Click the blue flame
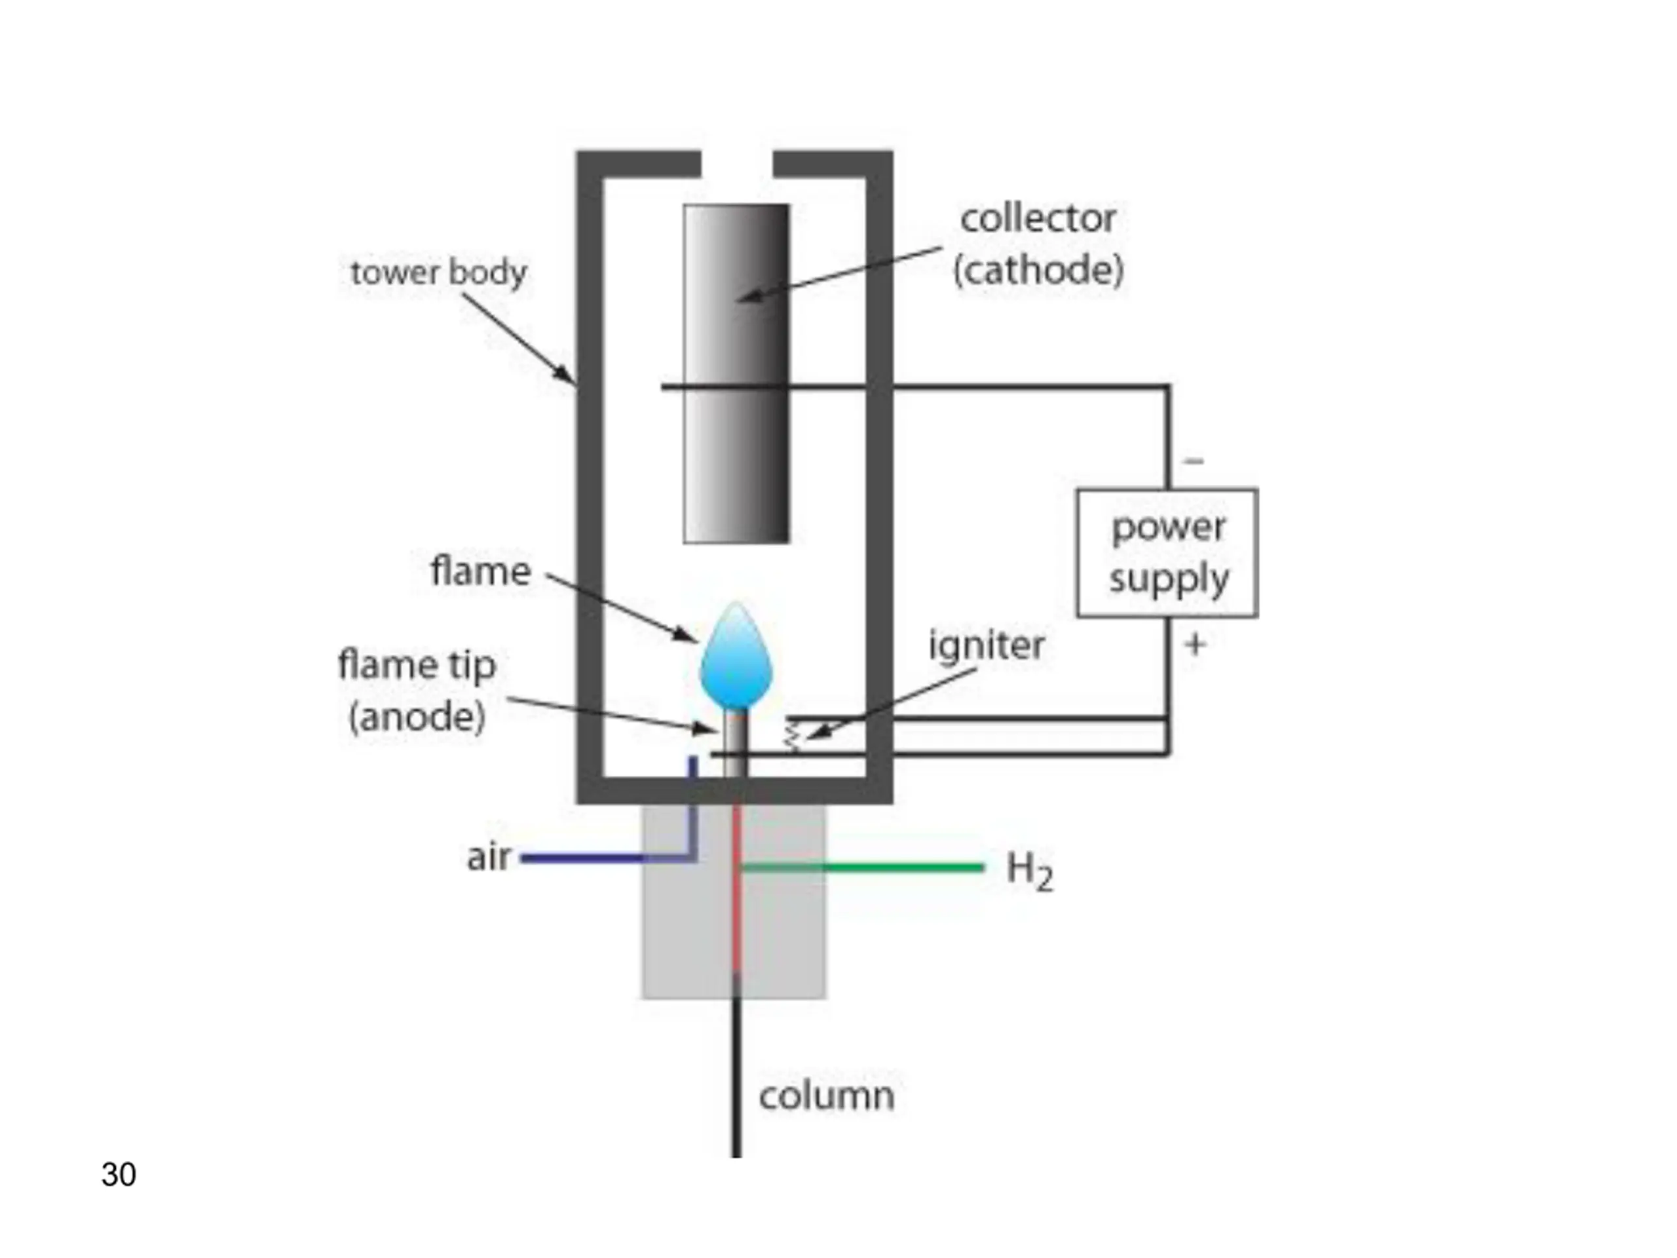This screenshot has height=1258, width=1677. coord(736,656)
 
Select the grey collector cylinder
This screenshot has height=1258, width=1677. coord(736,374)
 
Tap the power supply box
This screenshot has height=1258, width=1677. coord(1167,553)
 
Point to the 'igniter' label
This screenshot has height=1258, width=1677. coord(987,645)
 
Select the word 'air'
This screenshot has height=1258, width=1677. coord(488,858)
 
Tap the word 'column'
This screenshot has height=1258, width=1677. coord(826,1096)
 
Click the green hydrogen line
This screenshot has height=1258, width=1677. coord(862,867)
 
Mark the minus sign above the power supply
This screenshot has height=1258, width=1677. coord(1194,460)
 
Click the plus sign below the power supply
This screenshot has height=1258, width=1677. coord(1195,645)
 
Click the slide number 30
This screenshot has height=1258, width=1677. coord(119,1175)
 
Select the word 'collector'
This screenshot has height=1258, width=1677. coord(1038,219)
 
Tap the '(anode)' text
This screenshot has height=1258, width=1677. coord(416,717)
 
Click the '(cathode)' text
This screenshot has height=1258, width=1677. coord(1038,271)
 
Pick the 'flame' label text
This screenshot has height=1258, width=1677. coord(481,571)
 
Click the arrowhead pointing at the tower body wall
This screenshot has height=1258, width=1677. coord(564,373)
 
